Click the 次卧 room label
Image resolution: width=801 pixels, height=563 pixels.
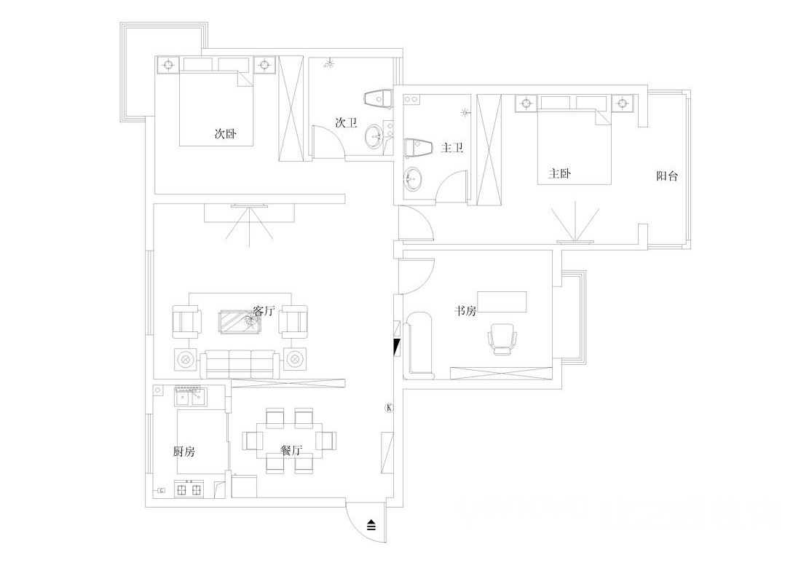tap(225, 134)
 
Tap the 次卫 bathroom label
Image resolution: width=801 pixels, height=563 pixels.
tap(346, 122)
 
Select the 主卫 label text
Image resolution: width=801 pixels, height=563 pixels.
tap(452, 148)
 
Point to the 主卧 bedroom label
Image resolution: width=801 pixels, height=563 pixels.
tap(560, 173)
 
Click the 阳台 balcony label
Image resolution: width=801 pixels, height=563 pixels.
tap(667, 176)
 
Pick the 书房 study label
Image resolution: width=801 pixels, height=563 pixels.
tap(466, 310)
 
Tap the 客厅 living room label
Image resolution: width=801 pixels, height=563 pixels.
tap(264, 310)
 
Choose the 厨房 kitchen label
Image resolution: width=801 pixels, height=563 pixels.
tap(184, 452)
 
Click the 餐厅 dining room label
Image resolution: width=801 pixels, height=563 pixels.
tap(292, 451)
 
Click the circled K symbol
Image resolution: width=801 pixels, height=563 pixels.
tap(390, 408)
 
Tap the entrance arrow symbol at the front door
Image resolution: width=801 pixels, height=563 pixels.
tap(371, 524)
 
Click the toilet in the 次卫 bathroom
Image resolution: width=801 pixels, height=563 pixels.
tap(379, 98)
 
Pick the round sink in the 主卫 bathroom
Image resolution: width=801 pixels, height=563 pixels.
tap(414, 179)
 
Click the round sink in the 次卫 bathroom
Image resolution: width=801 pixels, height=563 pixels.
tap(375, 136)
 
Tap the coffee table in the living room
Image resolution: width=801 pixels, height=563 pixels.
tap(240, 322)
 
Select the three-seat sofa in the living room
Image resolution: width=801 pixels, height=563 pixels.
tap(240, 363)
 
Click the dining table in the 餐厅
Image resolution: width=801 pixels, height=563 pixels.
tap(290, 440)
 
